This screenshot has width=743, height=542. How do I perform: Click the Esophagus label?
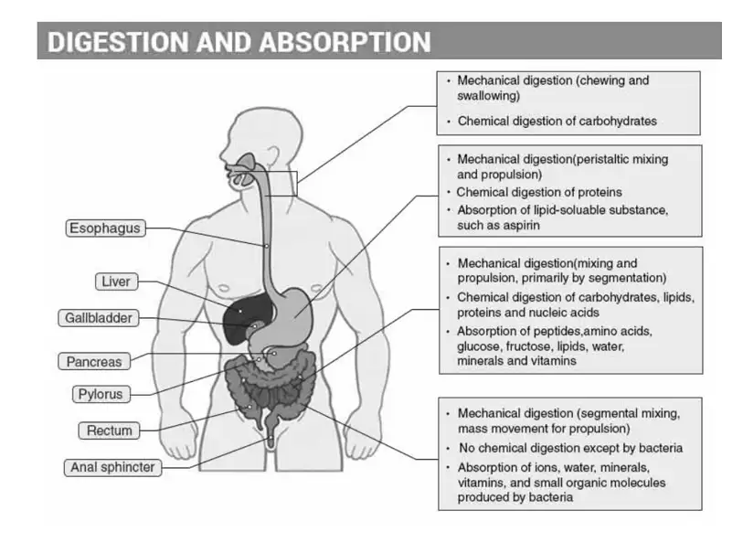coord(105,228)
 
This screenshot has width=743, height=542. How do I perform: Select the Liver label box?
coord(116,282)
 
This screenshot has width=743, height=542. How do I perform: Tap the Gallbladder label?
coord(99,318)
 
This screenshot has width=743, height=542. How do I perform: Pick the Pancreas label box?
coord(94,362)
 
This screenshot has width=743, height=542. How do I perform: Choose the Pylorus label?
coord(101,394)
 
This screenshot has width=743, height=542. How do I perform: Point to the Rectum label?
coord(110,430)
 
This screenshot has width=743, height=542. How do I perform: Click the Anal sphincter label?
coord(112,468)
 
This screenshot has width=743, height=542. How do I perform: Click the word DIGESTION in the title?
coord(118,42)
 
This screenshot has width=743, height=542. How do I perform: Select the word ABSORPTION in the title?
coord(345,42)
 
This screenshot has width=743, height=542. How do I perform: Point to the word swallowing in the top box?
coord(489,96)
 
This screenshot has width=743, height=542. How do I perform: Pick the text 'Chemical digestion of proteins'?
coord(539,192)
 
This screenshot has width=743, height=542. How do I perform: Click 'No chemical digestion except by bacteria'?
coord(570,448)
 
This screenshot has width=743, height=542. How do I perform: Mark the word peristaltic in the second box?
coord(600,160)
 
